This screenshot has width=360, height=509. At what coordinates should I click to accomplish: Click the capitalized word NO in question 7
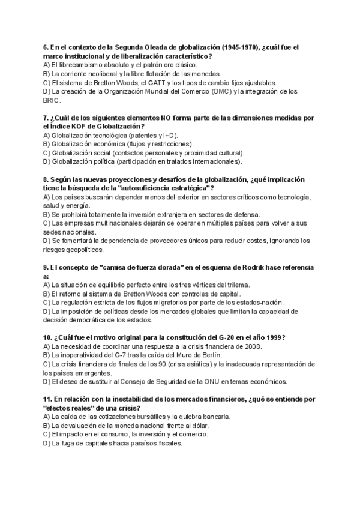(x=166, y=118)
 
